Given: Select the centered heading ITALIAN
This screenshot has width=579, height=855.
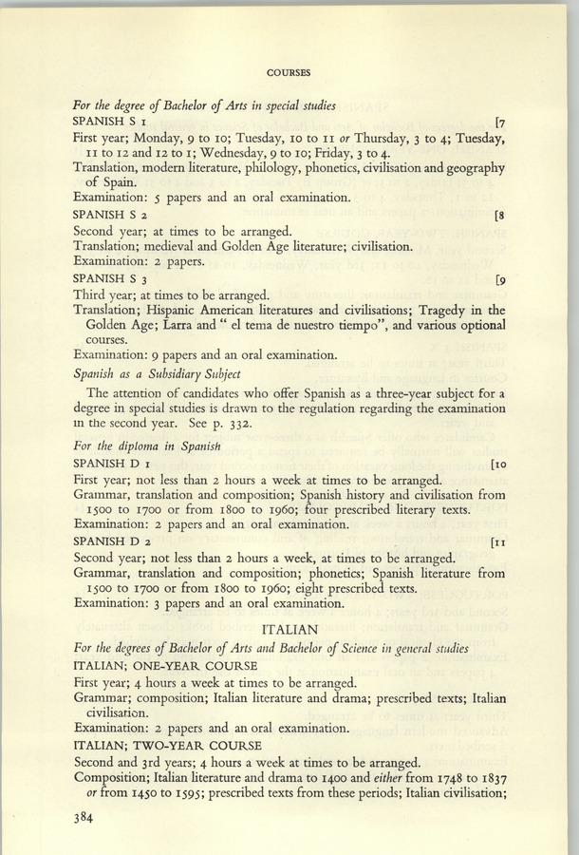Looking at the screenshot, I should pyautogui.click(x=289, y=630).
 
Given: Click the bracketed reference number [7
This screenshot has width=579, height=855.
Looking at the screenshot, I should pyautogui.click(x=499, y=123).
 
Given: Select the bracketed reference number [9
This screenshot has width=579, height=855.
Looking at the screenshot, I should pyautogui.click(x=499, y=278).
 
